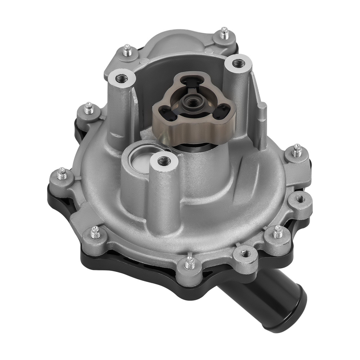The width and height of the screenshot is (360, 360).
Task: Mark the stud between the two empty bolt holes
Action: click(277, 232)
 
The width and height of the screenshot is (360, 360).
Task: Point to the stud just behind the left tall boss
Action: click(127, 51)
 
